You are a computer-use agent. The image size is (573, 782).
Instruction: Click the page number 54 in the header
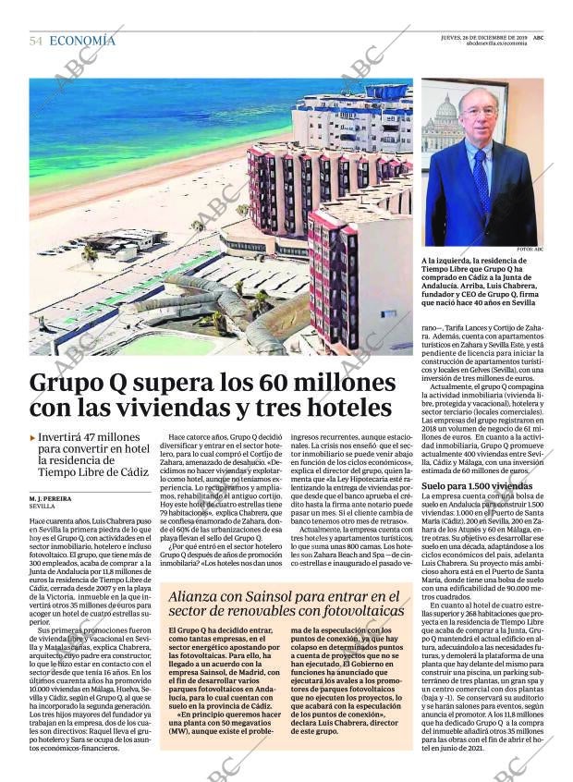(36, 41)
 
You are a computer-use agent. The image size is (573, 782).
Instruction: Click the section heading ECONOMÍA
(82, 41)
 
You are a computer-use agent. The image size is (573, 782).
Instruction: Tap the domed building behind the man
(446, 116)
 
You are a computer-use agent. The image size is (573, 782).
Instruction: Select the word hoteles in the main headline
(347, 408)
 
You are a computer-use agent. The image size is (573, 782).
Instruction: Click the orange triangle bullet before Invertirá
(33, 437)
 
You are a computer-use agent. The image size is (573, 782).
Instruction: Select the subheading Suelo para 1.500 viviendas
(477, 485)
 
